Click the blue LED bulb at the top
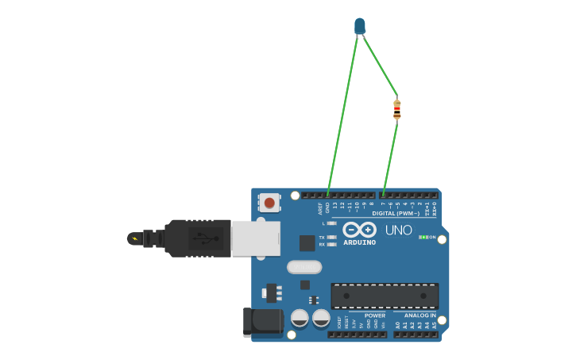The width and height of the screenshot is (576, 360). [x=360, y=25]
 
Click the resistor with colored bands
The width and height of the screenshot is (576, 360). [x=396, y=109]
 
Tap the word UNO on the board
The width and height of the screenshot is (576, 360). [x=398, y=230]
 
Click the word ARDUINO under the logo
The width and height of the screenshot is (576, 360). [x=359, y=242]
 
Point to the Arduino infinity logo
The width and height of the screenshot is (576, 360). [x=359, y=230]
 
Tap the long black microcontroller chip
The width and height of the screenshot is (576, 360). [x=385, y=296]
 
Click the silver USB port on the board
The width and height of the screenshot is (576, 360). [x=256, y=238]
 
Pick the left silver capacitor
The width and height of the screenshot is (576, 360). [x=300, y=318]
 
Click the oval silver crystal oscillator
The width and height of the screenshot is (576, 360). [x=303, y=267]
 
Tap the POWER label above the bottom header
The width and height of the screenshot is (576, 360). [x=375, y=315]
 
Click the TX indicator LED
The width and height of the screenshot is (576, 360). [x=331, y=237]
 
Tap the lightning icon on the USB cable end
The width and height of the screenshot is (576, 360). [x=134, y=238]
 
